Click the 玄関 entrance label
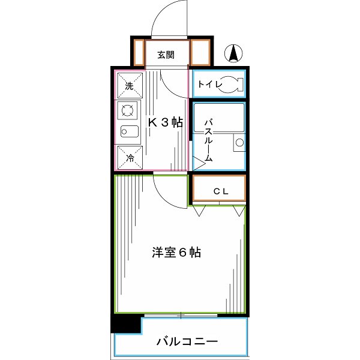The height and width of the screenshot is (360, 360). point(166,55)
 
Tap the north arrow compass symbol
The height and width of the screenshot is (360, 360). point(233,54)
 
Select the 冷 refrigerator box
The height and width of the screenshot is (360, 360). point(130,158)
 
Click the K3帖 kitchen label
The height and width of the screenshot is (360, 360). point(166,122)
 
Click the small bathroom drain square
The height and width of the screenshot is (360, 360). point(239,143)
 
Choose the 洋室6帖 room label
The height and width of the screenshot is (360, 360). point(176,253)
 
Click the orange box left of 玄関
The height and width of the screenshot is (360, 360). point(138,53)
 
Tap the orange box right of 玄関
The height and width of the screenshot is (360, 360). point(201,53)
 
